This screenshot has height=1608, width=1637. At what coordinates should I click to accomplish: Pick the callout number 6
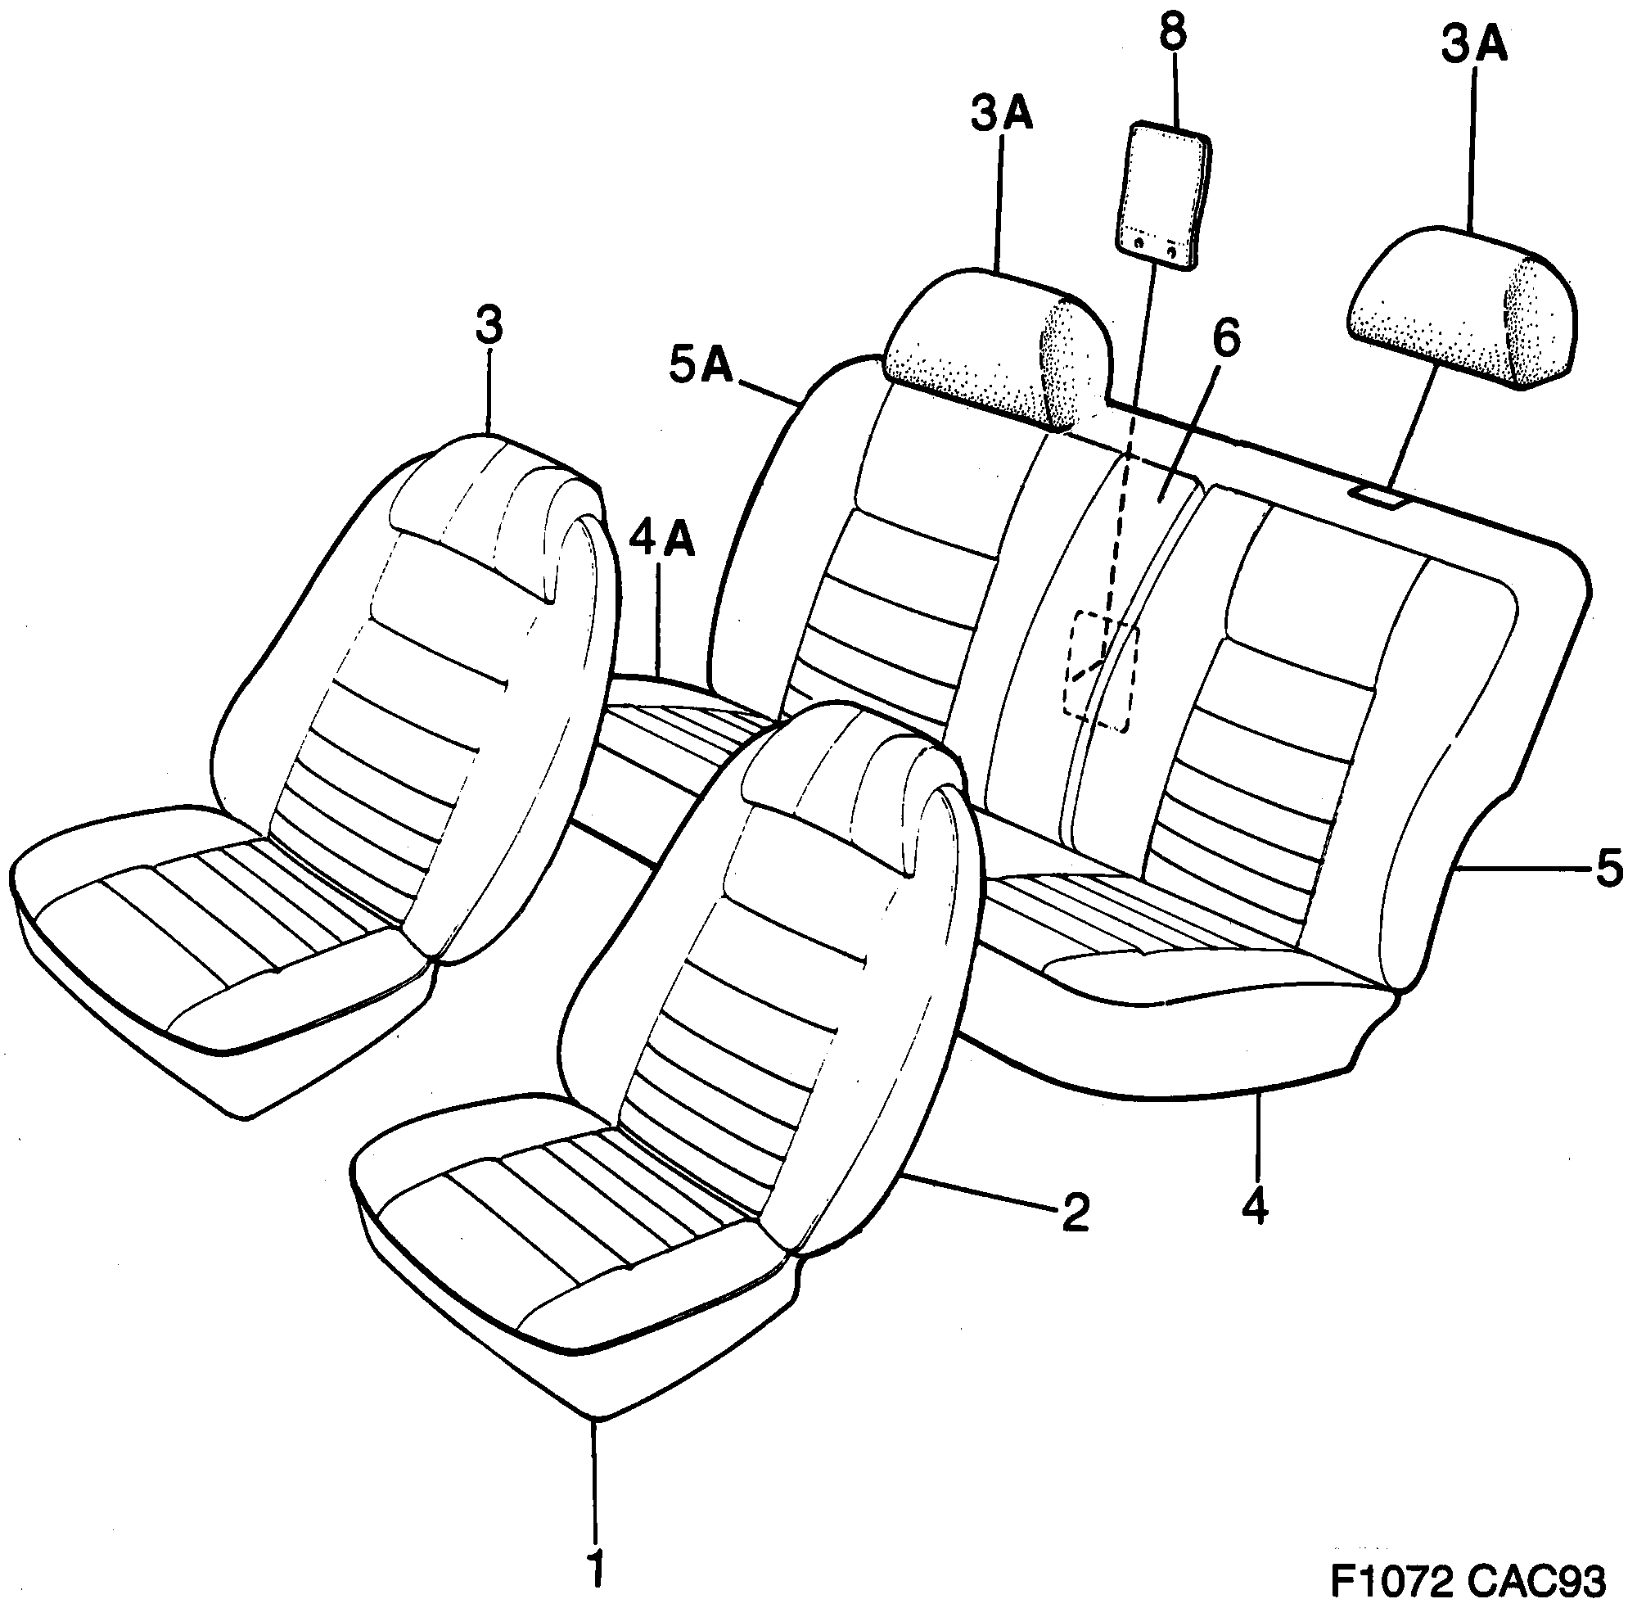[1226, 338]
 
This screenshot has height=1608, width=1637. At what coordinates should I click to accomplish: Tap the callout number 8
[1173, 34]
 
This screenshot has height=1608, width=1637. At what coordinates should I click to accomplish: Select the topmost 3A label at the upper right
[1473, 46]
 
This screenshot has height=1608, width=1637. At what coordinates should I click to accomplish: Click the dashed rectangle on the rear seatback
[1101, 671]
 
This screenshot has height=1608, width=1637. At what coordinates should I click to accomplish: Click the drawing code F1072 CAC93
[1468, 1579]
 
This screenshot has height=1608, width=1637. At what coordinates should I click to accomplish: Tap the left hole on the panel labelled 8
[1139, 244]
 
